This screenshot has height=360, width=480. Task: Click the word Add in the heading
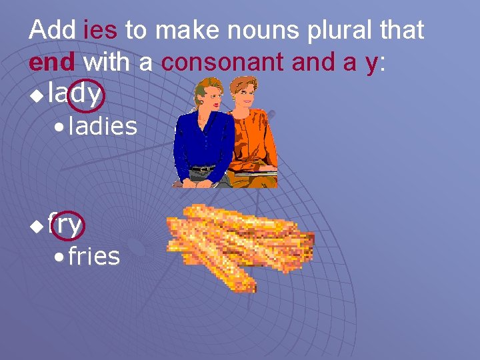[x=53, y=30]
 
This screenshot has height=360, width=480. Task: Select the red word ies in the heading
[x=100, y=30]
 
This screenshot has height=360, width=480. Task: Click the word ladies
[x=103, y=126]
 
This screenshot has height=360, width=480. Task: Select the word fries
[x=94, y=255]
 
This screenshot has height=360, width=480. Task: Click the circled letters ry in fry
[x=71, y=225]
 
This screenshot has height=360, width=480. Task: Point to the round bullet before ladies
[x=61, y=127]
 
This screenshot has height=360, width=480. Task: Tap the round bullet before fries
[x=61, y=257]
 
